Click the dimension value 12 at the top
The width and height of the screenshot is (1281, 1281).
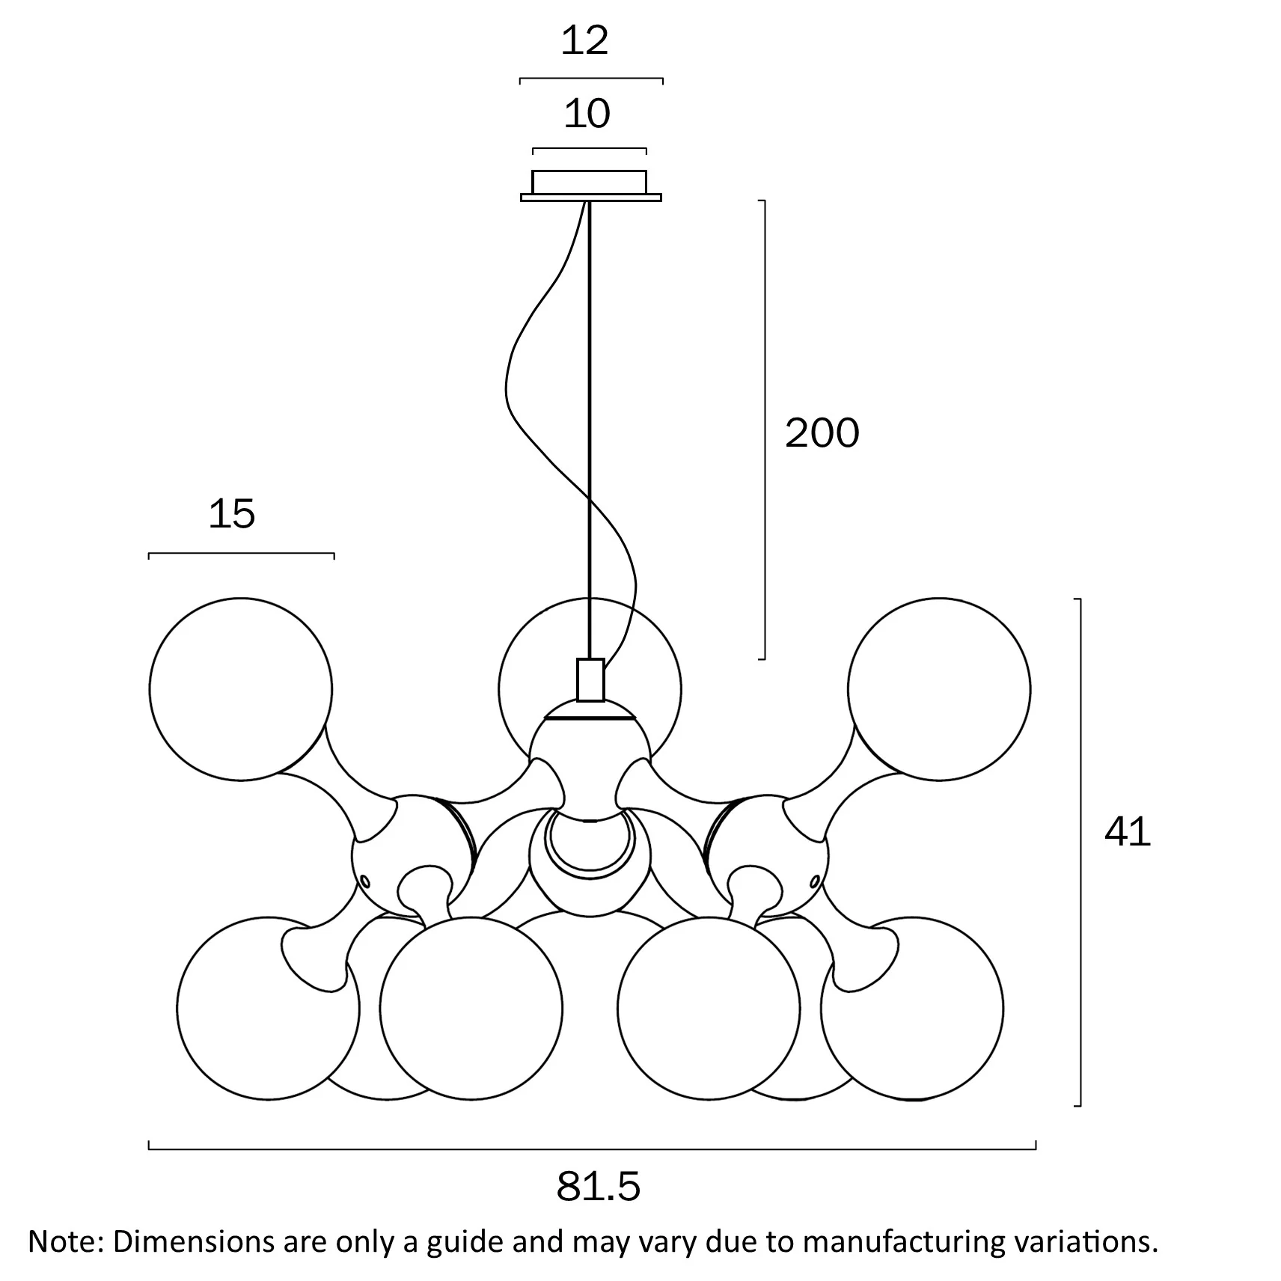(x=584, y=41)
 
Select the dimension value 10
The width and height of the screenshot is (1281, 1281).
(x=587, y=114)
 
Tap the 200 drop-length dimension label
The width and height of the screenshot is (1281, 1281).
(x=822, y=433)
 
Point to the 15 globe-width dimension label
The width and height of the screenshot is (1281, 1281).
(x=232, y=514)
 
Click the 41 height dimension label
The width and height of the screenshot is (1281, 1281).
(x=1128, y=831)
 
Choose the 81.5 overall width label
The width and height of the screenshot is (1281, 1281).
(x=599, y=1187)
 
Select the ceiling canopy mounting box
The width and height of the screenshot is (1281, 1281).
(x=590, y=186)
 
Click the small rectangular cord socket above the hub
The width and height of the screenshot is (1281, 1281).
(x=590, y=680)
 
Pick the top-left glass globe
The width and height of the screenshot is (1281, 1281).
(x=240, y=689)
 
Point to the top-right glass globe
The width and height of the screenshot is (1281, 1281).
(x=939, y=689)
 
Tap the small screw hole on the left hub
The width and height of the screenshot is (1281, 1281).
(x=365, y=881)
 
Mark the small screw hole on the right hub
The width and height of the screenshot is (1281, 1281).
(x=815, y=881)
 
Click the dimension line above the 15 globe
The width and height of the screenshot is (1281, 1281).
(x=242, y=554)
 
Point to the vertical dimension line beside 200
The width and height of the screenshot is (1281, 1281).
(x=764, y=429)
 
